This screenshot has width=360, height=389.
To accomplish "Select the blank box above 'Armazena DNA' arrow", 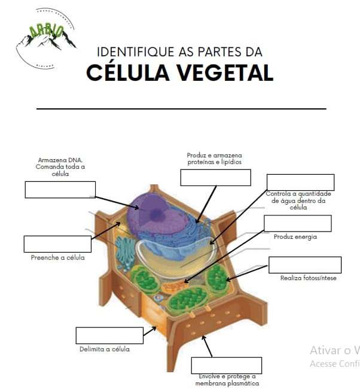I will (x=60, y=189).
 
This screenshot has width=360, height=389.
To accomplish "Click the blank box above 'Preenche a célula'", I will (x=57, y=244).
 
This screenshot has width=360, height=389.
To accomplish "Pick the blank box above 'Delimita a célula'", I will (x=109, y=336).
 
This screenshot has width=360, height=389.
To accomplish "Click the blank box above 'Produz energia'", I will (x=297, y=224).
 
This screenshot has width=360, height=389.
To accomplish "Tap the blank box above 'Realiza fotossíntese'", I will (x=305, y=265).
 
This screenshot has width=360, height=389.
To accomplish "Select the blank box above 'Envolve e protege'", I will (x=227, y=365).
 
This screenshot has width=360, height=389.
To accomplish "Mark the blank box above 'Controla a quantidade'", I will (x=300, y=182).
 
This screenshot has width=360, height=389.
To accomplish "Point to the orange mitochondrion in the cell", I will (x=176, y=287).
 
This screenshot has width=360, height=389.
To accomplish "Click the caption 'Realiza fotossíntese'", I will (x=308, y=278).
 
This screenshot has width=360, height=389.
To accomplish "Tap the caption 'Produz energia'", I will (x=295, y=237).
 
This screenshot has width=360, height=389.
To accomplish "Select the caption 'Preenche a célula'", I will (x=57, y=258).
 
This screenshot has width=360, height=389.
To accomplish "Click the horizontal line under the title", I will (x=181, y=109).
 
